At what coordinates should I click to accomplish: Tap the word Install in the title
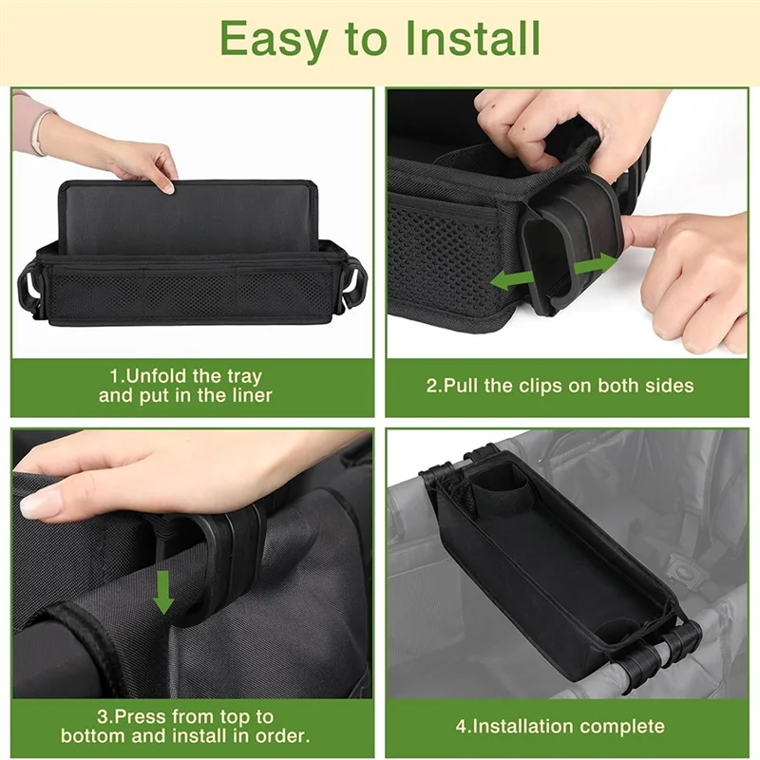point(473,39)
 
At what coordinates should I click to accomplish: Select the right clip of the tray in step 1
point(354,283)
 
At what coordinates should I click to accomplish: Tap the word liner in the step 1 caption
point(250,395)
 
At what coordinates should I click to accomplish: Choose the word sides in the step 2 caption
point(669,386)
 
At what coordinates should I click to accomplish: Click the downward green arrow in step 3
point(164,592)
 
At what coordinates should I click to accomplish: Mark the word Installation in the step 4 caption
point(521,727)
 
